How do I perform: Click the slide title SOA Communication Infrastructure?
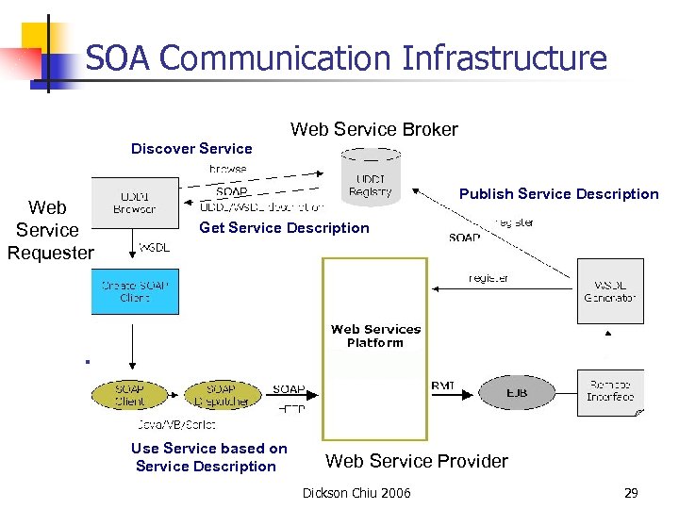[346, 58]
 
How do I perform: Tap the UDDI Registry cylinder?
[370, 178]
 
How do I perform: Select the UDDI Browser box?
[134, 203]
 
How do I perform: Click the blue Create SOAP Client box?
[135, 291]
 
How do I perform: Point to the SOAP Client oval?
[129, 394]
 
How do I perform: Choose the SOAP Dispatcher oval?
[221, 394]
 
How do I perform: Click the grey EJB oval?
[516, 392]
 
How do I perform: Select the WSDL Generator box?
[609, 291]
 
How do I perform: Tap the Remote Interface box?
[609, 391]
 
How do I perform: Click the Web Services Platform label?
[375, 336]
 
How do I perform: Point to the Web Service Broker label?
[373, 129]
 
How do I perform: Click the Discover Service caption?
[191, 148]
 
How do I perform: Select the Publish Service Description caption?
[558, 193]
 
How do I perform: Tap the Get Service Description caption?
[284, 227]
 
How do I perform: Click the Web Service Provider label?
[416, 461]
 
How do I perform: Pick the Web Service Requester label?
[49, 229]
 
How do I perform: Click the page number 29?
[630, 493]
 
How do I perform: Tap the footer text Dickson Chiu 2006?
[356, 493]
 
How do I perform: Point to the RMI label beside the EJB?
[442, 386]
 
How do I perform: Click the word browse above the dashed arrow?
[227, 169]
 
